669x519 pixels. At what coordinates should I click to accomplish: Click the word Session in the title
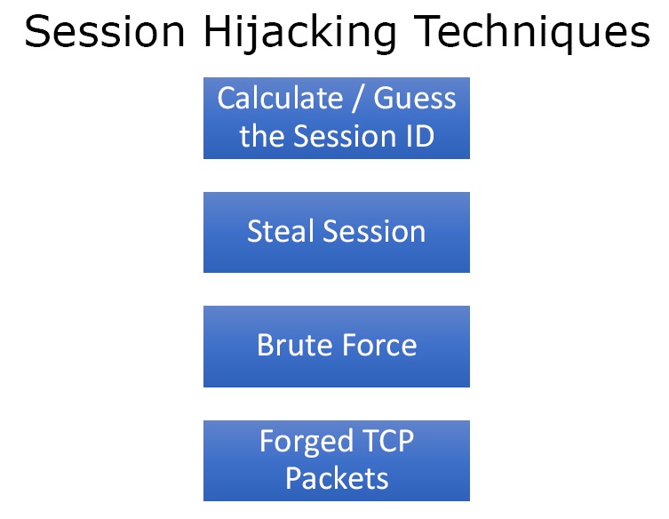pos(105,32)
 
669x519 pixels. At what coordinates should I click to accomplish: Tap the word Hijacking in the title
pos(300,34)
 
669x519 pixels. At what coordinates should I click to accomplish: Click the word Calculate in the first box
pos(281,98)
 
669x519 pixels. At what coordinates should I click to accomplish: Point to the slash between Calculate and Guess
pos(358,99)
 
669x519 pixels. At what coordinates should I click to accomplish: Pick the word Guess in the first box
pos(415,98)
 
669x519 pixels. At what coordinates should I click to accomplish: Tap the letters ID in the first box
pos(420,136)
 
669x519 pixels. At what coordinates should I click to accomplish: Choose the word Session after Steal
pos(374,231)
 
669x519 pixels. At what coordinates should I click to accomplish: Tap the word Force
pos(379,345)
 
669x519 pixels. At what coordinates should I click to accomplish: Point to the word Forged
pos(307,443)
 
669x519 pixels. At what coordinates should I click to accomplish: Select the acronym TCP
pos(388,441)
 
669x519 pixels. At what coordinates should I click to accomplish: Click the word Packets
pos(337,478)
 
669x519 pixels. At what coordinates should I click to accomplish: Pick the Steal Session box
pos(337,232)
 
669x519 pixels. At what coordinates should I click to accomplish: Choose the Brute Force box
pos(337,347)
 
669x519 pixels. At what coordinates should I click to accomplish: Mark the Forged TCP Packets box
pos(337,460)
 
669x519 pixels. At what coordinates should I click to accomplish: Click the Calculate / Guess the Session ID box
pos(337,118)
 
